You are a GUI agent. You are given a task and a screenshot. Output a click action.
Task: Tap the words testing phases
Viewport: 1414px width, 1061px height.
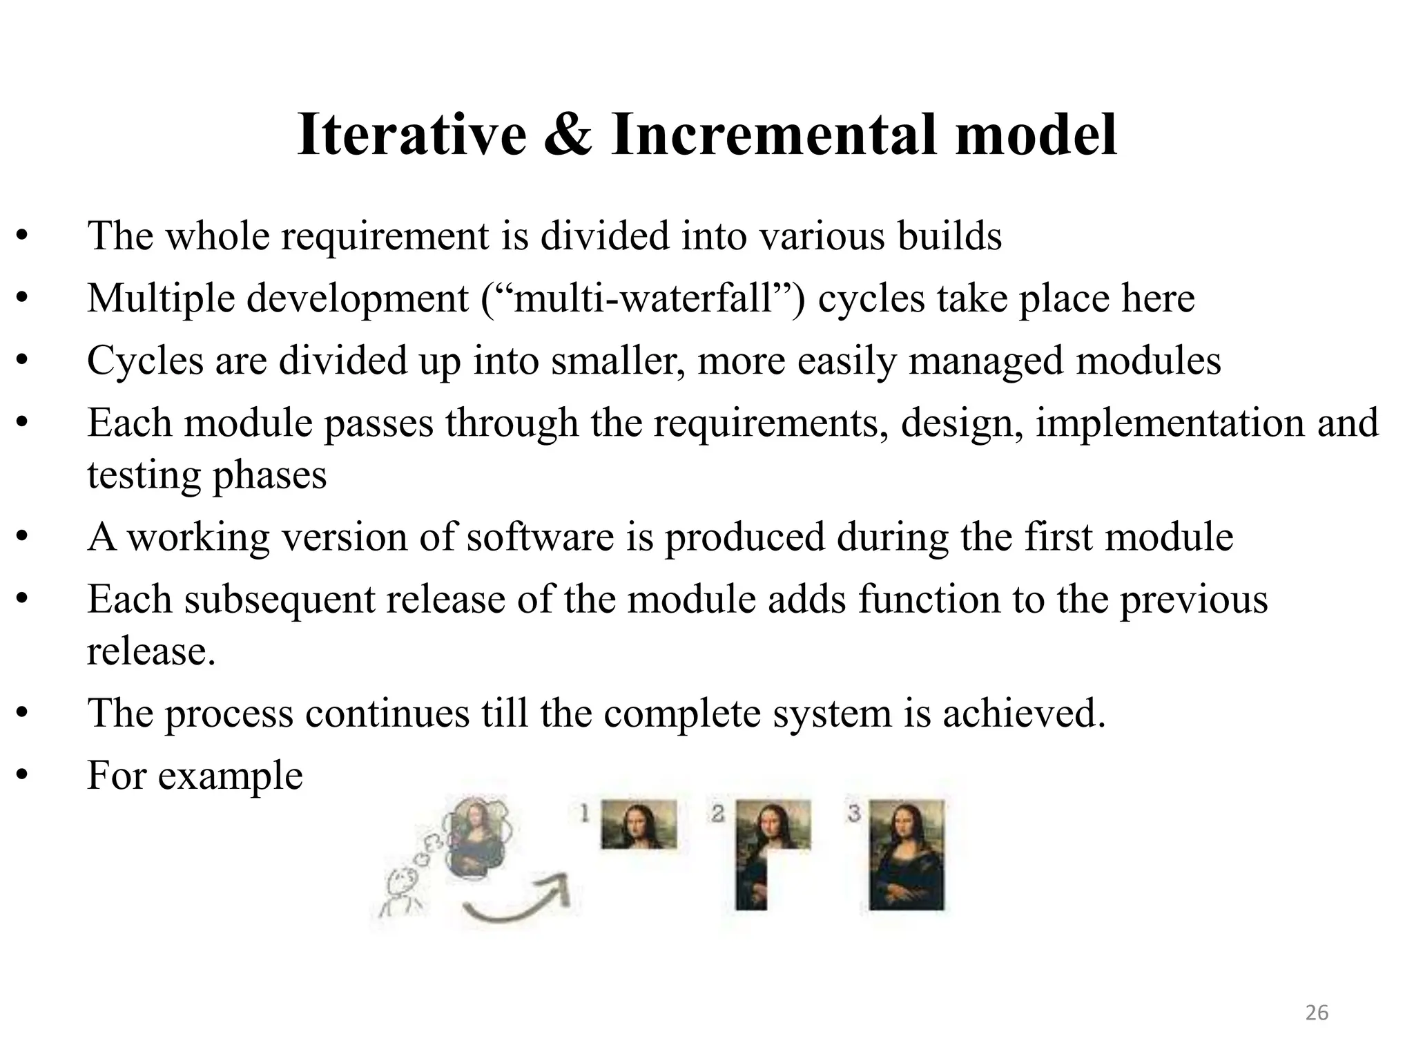coord(206,475)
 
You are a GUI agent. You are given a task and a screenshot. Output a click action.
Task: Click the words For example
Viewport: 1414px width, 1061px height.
coord(195,775)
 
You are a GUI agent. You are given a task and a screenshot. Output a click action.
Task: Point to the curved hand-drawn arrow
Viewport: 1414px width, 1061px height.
coord(518,901)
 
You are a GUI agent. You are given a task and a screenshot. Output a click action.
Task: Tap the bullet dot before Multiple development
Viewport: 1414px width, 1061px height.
coord(22,298)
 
